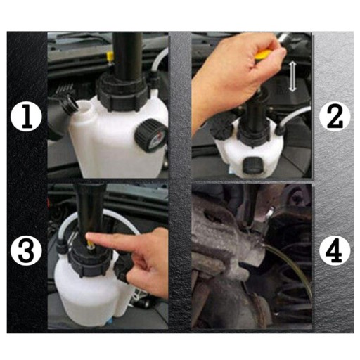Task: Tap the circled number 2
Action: tap(335, 115)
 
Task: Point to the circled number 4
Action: tap(335, 250)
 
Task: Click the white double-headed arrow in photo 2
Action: tap(292, 77)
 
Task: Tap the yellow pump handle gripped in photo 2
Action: tap(264, 54)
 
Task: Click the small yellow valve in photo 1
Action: tap(110, 56)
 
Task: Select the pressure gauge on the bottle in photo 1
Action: tap(150, 135)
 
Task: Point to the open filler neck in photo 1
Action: tap(84, 108)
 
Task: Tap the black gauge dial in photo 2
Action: tap(252, 165)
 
